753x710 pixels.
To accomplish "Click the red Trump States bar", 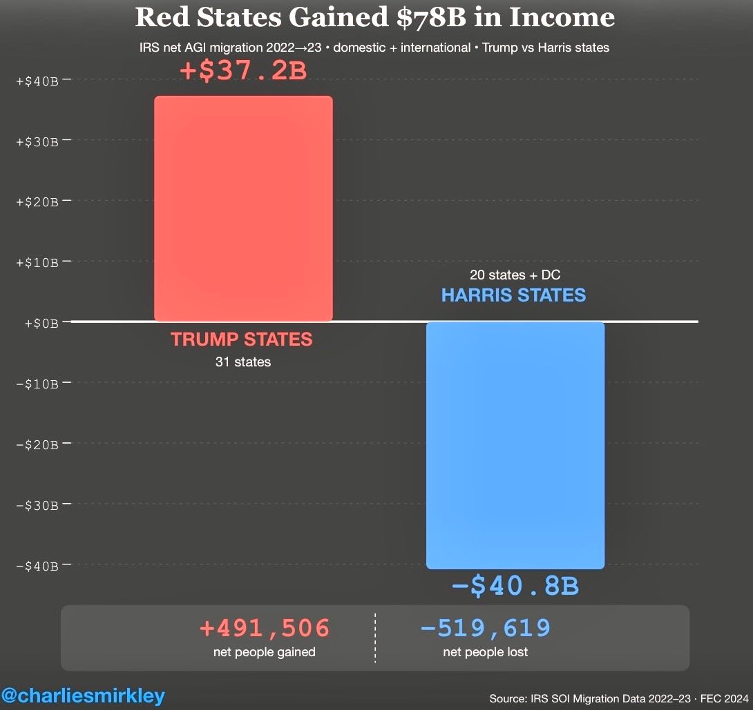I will coord(243,208).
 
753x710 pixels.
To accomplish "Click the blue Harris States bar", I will coord(515,445).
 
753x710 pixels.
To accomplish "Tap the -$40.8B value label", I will coord(515,586).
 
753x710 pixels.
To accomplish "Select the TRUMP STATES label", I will coord(242,339).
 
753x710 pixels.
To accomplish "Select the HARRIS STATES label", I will coord(513,295).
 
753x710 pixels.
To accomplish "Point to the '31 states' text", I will coord(242,362).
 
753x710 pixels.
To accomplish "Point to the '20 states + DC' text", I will coord(515,275).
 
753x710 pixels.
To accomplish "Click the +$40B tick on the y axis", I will coord(40,81).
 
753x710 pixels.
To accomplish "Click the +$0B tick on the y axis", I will coord(43,322).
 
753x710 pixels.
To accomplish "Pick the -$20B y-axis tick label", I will coord(40,444).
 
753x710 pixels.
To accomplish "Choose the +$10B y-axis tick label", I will coord(40,262).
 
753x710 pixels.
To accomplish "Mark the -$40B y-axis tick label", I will coord(40,566).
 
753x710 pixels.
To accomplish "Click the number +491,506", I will coord(265,628).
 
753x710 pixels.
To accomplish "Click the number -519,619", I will coord(485,628).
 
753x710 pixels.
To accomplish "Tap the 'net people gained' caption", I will coord(265,652).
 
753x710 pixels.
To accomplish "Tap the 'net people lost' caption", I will coord(485,652).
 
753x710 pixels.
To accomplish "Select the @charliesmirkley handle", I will coord(83,696).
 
